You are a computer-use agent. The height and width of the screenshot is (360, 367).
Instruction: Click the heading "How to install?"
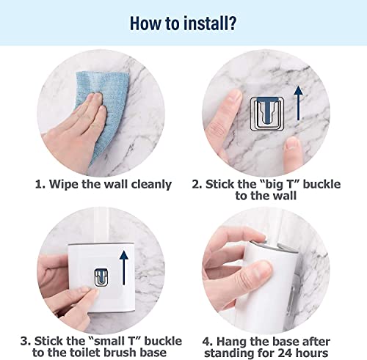point(183,23)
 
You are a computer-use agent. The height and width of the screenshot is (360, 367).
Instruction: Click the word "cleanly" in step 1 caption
point(148,184)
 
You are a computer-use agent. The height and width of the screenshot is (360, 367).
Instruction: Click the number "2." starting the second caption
point(196,184)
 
